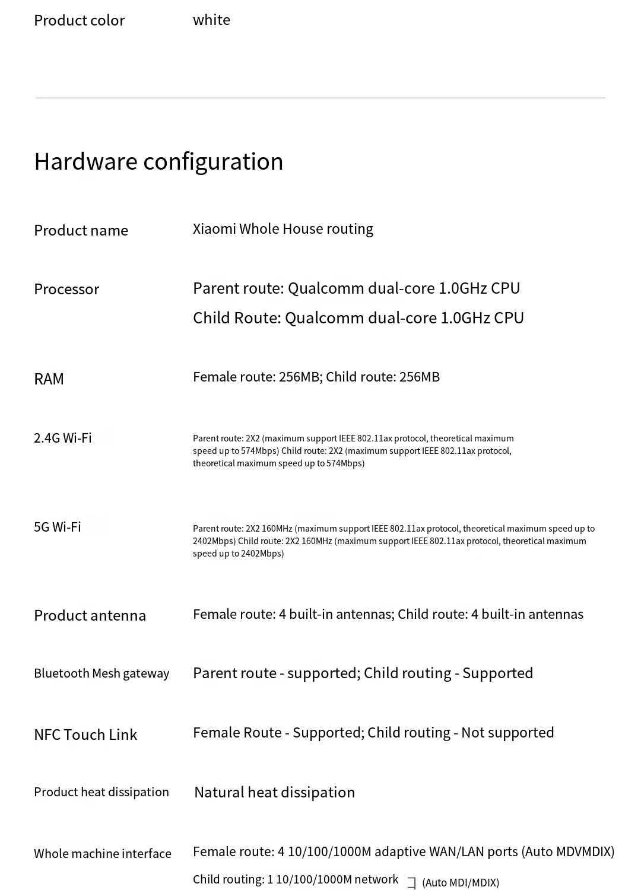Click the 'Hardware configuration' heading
point(158,161)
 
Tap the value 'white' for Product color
point(211,20)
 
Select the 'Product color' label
point(79,21)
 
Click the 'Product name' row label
point(81,230)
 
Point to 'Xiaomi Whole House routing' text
point(283,229)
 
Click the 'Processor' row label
point(66,289)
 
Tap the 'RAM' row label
point(49,379)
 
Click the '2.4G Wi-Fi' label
point(63,438)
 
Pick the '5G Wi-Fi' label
point(58,527)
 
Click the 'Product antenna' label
point(90,615)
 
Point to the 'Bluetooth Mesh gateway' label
point(101,673)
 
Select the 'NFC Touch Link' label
point(85,735)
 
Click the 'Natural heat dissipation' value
point(274,793)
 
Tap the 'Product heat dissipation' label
point(101,792)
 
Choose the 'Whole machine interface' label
point(103,854)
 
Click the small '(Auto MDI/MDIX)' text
point(461,883)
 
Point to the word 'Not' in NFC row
point(472,733)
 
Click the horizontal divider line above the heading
point(320,98)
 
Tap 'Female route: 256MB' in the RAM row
point(256,377)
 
